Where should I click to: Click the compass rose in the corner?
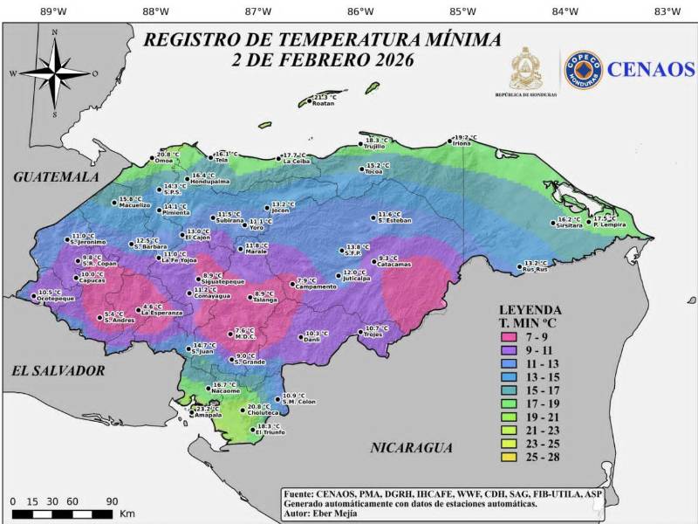[x=54, y=73]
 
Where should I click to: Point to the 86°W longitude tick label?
[x=360, y=11]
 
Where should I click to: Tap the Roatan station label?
[x=323, y=103]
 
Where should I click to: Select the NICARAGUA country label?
[x=412, y=448]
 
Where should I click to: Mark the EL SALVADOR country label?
[x=58, y=371]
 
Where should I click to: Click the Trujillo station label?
[x=374, y=146]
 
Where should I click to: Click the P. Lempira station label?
[x=606, y=224]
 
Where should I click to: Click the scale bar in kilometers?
[x=65, y=514]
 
